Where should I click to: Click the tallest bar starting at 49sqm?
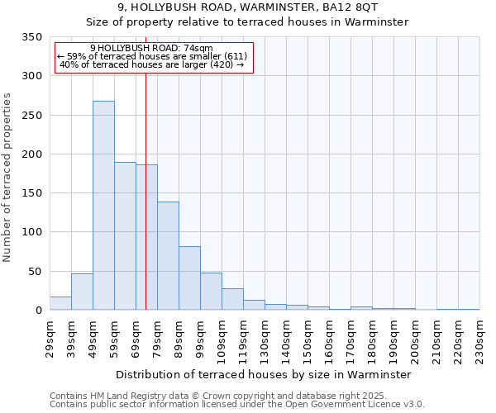[103, 206]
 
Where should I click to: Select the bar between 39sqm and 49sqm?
[82, 292]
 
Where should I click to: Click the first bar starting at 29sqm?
[60, 303]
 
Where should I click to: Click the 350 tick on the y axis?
[31, 37]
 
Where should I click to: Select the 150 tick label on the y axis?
[31, 193]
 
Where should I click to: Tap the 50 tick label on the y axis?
[35, 272]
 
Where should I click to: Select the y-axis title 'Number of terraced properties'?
[8, 178]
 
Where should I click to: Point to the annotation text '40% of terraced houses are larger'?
[152, 64]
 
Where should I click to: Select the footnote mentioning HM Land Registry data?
[236, 396]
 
